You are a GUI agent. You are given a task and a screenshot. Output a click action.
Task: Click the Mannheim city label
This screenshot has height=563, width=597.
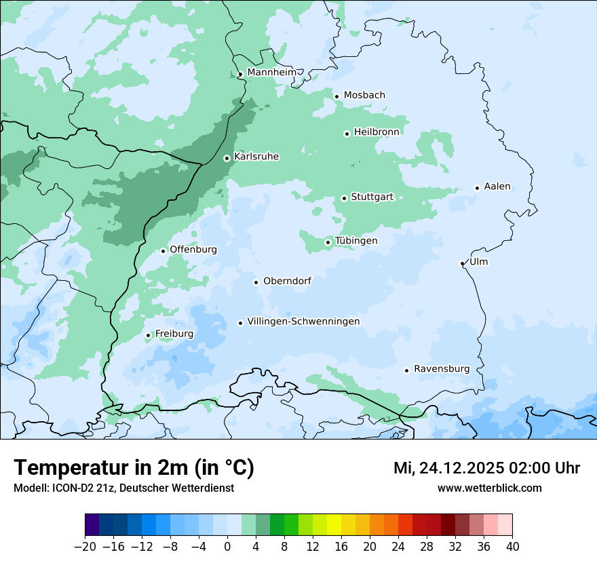click(x=271, y=73)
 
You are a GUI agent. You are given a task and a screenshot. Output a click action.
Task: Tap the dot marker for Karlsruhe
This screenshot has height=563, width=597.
click(x=227, y=158)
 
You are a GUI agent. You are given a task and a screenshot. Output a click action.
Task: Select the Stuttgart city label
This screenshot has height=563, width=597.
click(x=372, y=197)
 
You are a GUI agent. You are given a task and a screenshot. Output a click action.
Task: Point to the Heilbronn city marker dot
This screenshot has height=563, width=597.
click(x=347, y=134)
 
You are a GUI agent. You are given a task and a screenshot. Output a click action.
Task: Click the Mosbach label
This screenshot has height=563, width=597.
click(x=364, y=96)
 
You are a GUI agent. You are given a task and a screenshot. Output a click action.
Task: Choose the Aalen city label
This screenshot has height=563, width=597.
click(x=497, y=187)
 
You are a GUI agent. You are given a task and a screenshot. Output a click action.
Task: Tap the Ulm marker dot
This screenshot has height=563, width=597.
click(x=462, y=263)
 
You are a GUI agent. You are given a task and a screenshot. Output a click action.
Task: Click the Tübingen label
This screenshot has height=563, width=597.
click(x=356, y=241)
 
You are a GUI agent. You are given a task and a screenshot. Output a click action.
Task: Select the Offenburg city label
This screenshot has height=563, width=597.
click(x=193, y=250)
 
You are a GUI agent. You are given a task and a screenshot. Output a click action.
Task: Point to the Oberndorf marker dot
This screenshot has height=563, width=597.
click(x=256, y=282)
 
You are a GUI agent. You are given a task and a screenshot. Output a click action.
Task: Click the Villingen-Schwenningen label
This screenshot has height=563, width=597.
click(x=303, y=322)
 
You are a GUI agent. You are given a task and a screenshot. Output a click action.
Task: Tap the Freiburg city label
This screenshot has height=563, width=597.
click(x=174, y=334)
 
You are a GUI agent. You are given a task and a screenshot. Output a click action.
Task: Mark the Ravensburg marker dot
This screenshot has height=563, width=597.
click(x=406, y=370)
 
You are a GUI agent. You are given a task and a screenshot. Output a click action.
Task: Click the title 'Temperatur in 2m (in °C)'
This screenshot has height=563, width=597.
click(x=134, y=468)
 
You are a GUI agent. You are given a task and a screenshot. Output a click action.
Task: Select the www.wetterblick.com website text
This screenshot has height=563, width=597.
click(x=489, y=488)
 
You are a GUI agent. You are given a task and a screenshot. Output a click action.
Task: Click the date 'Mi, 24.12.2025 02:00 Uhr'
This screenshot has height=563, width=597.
click(x=486, y=468)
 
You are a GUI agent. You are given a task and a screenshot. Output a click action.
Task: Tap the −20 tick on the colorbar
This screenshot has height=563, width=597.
click(x=85, y=547)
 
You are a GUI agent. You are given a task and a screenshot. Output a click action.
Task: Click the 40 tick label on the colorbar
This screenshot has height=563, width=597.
click(x=512, y=547)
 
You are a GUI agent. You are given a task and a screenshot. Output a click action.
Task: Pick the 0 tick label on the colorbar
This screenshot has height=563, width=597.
click(x=227, y=547)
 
